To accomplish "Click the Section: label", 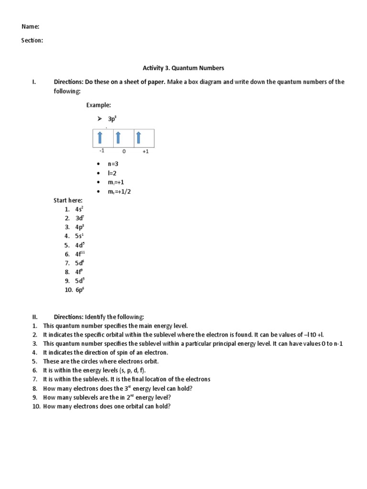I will [x=32, y=41].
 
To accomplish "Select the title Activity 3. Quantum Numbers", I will [x=183, y=68].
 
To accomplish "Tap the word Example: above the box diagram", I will [x=98, y=105].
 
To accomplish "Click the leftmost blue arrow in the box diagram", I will [x=100, y=138].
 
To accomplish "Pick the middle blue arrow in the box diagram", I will [x=118, y=138].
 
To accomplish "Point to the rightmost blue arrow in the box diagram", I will [x=138, y=138].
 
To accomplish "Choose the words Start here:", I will [x=68, y=201].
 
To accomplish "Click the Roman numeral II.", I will [x=35, y=317].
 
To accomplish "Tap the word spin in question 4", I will [x=121, y=352].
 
